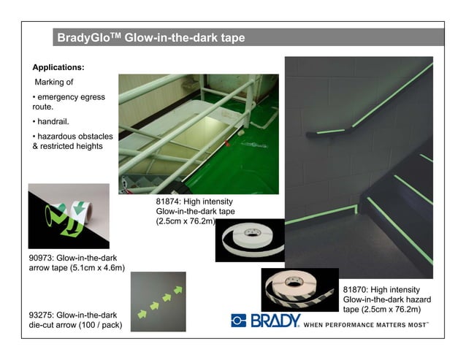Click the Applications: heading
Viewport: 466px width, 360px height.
(x=58, y=67)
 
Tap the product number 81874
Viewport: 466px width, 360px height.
(x=168, y=202)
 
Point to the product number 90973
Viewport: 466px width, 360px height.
(x=41, y=258)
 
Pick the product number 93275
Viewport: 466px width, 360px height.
(x=41, y=315)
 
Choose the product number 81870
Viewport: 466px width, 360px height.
(x=355, y=290)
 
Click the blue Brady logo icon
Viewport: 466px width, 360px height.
(x=239, y=321)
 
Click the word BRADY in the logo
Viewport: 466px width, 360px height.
(x=275, y=321)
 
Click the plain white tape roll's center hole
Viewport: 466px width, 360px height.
(x=252, y=232)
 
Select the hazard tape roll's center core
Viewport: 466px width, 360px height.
(x=293, y=282)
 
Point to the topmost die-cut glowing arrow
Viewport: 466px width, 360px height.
(x=178, y=290)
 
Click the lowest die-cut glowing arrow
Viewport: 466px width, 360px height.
(x=142, y=314)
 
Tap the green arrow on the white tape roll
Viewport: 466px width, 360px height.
(x=79, y=207)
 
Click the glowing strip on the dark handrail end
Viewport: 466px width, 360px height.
(x=330, y=131)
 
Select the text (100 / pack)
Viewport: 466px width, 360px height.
(x=101, y=325)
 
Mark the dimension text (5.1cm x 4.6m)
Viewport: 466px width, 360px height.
(x=97, y=268)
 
